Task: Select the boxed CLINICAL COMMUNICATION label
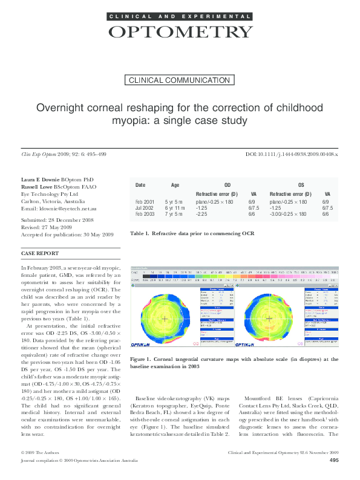[180, 80]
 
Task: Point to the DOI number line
[292, 155]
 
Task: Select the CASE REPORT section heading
[40, 253]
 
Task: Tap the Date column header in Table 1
[140, 185]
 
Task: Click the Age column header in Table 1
[175, 185]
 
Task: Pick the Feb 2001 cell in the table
[145, 201]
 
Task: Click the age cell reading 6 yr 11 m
[175, 207]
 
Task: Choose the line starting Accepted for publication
[67, 234]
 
